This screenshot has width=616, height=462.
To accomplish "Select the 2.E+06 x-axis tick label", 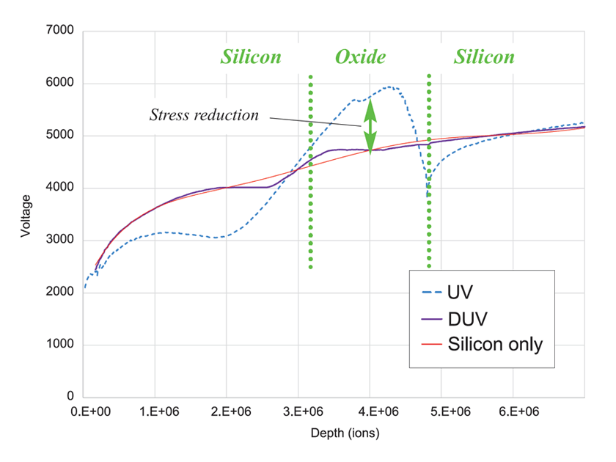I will pos(226,413).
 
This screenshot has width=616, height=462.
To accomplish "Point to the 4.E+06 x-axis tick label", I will pos(370,413).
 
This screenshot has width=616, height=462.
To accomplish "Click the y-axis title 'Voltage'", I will pos(26,214).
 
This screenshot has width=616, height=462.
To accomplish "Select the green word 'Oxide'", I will pos(360,57).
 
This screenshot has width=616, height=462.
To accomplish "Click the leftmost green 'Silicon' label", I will pos(251,57).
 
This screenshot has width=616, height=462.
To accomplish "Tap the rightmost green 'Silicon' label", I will pos(484,57).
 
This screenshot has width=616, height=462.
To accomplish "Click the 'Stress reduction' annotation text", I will pos(204,115).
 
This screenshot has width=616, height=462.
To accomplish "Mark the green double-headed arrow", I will pos(370,126).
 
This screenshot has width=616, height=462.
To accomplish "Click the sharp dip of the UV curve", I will pos(428,192).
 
